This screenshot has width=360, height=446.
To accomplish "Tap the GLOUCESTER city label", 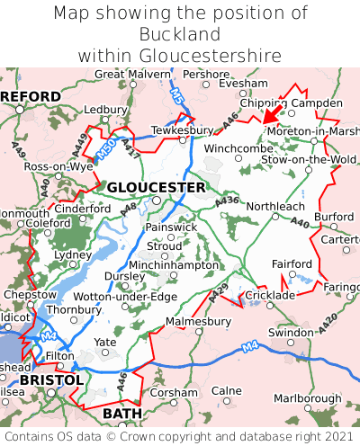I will tap(156, 187).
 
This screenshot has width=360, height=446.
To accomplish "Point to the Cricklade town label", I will tap(270, 295).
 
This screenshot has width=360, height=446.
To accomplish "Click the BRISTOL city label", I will tap(51, 380).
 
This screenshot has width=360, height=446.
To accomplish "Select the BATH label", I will tap(122, 413).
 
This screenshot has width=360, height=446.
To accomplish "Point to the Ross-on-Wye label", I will tap(58, 167).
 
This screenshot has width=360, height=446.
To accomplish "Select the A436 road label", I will tap(228, 201).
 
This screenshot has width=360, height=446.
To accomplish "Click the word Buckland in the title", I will tap(180, 34).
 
